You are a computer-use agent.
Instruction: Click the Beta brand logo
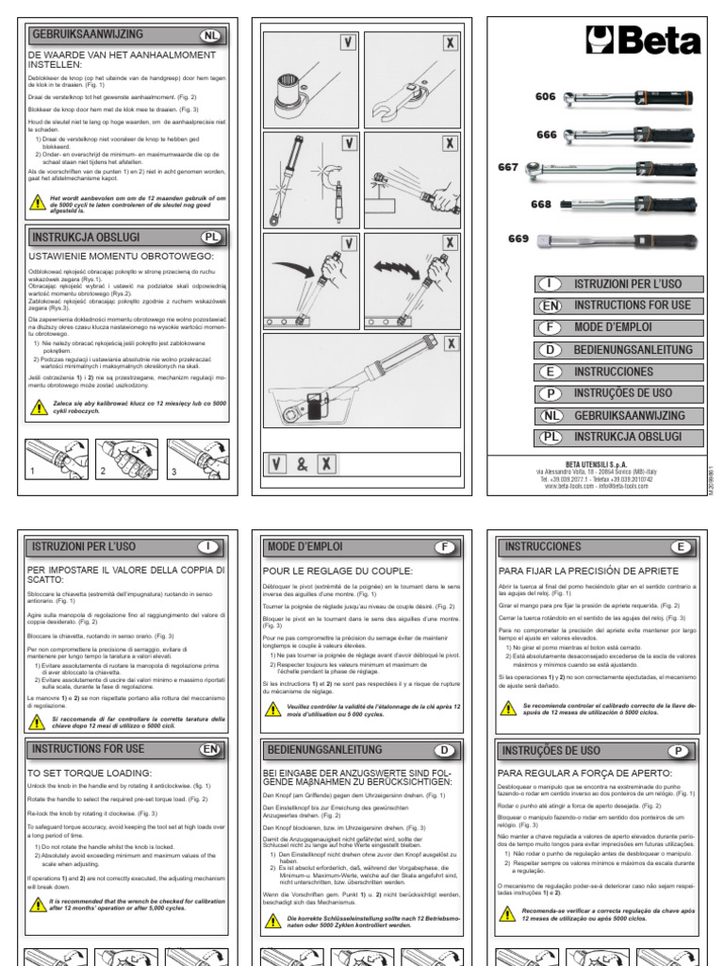[x=643, y=42]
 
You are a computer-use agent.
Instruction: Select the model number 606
[x=547, y=96]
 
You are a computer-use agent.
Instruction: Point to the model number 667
[x=508, y=168]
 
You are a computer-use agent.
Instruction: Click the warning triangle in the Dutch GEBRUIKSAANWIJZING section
[x=39, y=201]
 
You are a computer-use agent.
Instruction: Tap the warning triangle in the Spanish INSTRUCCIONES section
[x=508, y=708]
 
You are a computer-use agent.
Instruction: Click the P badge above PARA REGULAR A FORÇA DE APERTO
[x=677, y=751]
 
